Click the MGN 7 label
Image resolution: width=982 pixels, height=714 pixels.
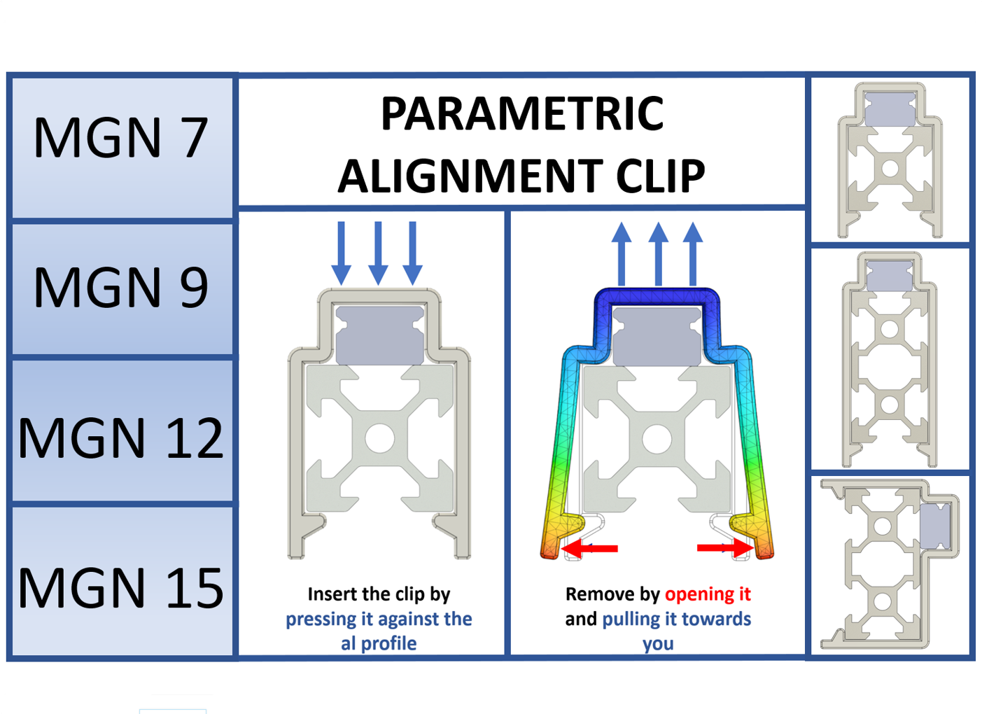(x=120, y=137)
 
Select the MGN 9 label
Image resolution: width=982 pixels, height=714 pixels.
(x=120, y=287)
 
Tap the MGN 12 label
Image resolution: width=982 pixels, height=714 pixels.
(x=120, y=438)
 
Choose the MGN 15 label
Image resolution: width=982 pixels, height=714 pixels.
(x=120, y=588)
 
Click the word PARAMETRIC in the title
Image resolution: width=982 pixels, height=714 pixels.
(x=522, y=114)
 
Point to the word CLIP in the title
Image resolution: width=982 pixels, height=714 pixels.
(x=660, y=176)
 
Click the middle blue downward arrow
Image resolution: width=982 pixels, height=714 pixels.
(x=378, y=252)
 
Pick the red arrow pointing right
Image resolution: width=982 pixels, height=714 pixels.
(x=725, y=548)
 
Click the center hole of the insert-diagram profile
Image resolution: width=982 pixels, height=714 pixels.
(x=379, y=439)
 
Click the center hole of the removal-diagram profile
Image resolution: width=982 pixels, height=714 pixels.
(x=657, y=439)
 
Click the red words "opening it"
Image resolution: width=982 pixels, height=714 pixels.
(x=707, y=594)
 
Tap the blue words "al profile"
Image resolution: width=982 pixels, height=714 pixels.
(x=379, y=643)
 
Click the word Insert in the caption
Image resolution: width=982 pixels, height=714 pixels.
(x=332, y=594)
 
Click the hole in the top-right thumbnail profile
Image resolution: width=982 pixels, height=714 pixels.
(x=890, y=169)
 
